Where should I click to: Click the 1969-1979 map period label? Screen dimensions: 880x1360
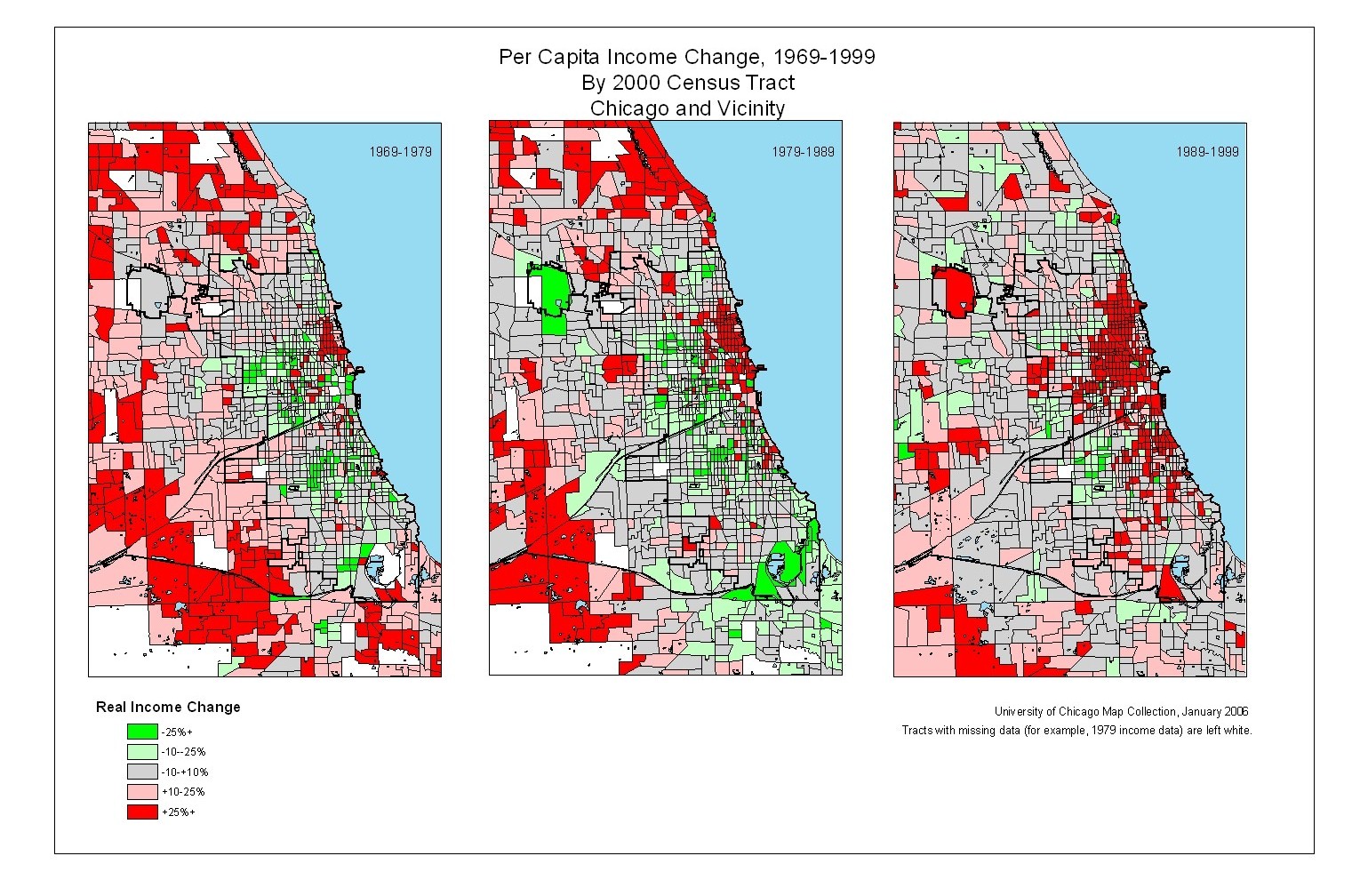coord(400,152)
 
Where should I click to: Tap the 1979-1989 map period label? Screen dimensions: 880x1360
coord(803,152)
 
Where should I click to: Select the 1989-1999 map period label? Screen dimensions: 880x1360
coord(1207,152)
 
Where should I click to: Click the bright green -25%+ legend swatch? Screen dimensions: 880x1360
coord(142,732)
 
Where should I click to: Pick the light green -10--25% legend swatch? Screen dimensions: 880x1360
coord(142,752)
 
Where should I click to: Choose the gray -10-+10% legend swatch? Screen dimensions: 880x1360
coord(142,772)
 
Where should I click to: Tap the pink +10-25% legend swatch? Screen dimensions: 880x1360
coord(142,792)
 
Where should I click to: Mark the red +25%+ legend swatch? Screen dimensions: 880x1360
coord(142,812)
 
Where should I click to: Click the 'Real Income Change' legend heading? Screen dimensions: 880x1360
coord(168,708)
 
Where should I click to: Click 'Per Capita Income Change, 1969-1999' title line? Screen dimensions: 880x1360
coord(686,57)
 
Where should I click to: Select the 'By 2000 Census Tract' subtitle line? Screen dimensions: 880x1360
coord(687,83)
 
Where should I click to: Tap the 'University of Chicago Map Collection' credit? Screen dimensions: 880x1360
coord(1121,711)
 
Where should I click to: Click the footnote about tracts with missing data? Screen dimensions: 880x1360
coord(1076,731)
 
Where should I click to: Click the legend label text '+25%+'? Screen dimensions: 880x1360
coord(178,812)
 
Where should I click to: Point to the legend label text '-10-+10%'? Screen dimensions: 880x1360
coord(184,772)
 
